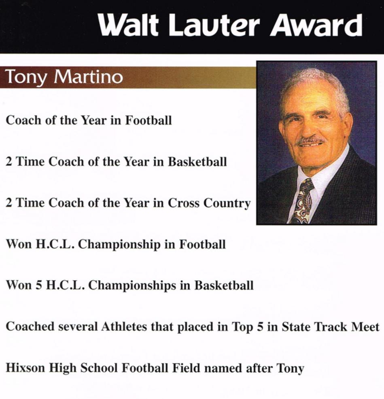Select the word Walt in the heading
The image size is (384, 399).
tap(128, 25)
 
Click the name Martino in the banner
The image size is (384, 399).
tap(88, 76)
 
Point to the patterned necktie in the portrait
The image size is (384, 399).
tap(302, 201)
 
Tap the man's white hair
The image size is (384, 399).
tap(316, 87)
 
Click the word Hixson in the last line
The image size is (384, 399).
tap(25, 368)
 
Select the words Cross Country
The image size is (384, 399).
tap(209, 203)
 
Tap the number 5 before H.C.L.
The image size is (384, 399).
tap(38, 285)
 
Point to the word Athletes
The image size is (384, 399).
tap(124, 327)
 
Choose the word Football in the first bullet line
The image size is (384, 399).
tap(149, 120)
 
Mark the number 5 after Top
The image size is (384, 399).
tap(260, 327)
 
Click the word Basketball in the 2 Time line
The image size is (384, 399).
tap(197, 162)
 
